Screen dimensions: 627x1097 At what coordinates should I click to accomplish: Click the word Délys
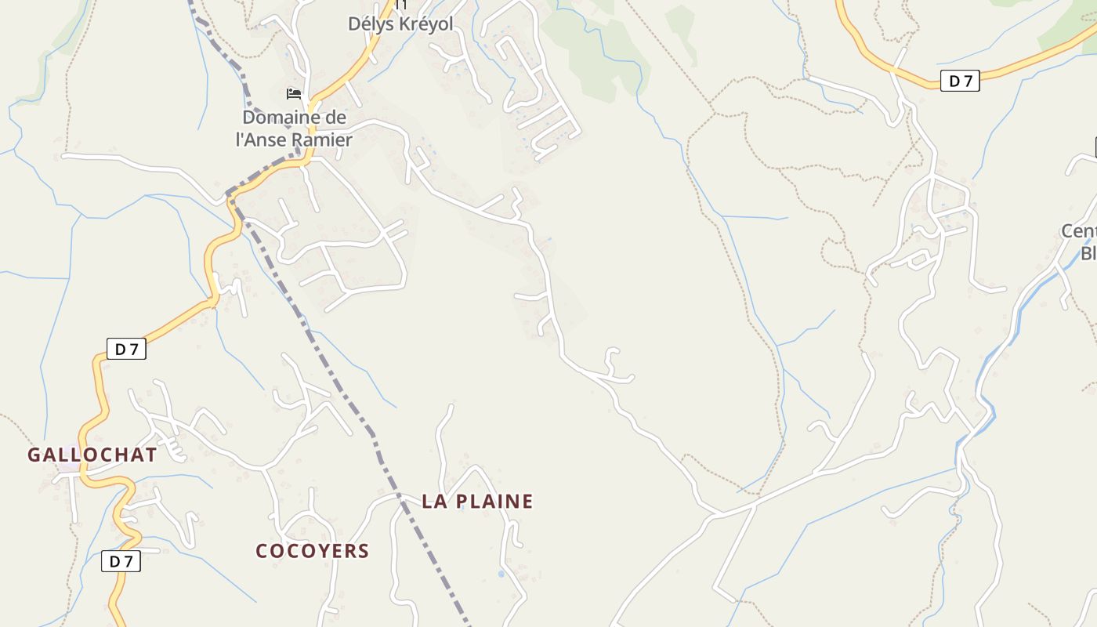coord(371,24)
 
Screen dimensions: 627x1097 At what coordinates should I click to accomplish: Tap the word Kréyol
coord(426,24)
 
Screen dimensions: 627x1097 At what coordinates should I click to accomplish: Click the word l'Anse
coord(261,140)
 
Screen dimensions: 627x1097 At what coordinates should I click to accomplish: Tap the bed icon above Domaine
coord(294,94)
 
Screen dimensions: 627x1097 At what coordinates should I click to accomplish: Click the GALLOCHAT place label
coord(92,455)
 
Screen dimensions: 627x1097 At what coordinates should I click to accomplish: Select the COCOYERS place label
coord(312,551)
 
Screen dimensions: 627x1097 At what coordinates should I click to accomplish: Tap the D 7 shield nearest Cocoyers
coord(121,561)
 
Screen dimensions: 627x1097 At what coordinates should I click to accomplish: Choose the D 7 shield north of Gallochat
coord(126,349)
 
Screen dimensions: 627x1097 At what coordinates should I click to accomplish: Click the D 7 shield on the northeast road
coord(960,81)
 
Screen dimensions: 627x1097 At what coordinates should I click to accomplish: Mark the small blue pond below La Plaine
coord(501,574)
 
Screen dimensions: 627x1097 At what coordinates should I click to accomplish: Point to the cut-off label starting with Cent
coord(1079,232)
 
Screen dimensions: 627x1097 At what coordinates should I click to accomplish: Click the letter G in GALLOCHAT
coord(34,455)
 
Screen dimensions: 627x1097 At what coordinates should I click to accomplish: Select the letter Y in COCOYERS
coord(323,551)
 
